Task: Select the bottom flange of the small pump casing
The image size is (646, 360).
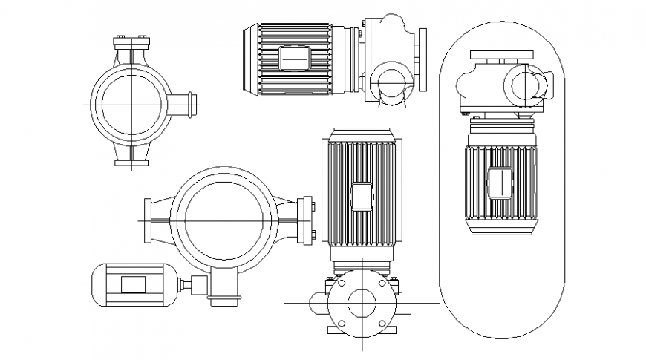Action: pos(131,163)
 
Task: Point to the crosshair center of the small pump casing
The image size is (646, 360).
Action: pos(131,105)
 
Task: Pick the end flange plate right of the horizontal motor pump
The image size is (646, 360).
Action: pos(423,59)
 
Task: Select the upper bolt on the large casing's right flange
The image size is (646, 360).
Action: pos(313,208)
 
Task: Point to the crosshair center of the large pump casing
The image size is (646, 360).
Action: pos(224,220)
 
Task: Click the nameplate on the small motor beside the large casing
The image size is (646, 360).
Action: pos(134,284)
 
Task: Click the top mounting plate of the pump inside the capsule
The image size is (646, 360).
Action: pos(501,56)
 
